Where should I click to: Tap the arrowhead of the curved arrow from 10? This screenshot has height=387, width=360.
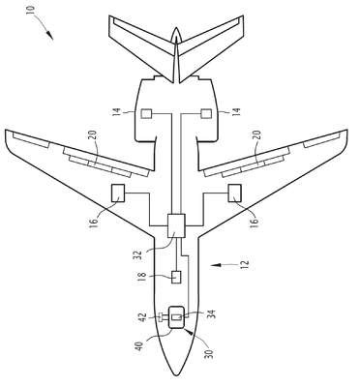[x=49, y=35]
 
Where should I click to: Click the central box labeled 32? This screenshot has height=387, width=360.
[x=176, y=225]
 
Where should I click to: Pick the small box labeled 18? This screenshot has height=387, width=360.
[x=176, y=277]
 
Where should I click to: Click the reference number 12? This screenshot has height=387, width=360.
[x=245, y=264]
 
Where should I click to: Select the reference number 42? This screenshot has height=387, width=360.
[x=143, y=317]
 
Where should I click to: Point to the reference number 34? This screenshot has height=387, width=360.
[x=212, y=314]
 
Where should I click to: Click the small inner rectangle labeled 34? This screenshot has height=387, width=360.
[x=177, y=317]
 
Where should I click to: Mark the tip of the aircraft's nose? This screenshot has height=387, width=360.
[x=176, y=376]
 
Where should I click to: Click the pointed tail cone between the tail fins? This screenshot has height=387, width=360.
[x=176, y=36]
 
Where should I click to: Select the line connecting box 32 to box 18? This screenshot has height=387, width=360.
[x=176, y=254]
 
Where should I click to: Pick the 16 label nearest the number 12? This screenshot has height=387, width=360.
[x=255, y=222]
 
